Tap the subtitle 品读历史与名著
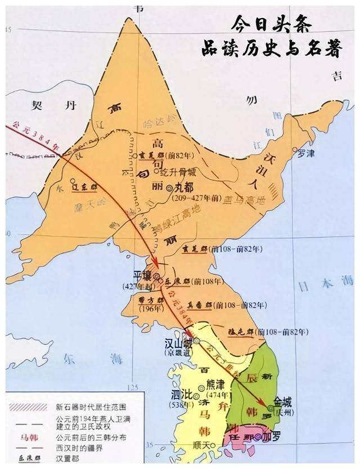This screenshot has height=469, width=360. [x=272, y=49]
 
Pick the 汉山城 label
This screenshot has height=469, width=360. [x=174, y=342]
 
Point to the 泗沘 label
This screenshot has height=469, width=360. [x=181, y=395]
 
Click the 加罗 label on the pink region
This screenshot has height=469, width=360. [x=272, y=436]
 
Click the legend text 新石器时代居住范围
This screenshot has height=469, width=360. [x=91, y=407]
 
